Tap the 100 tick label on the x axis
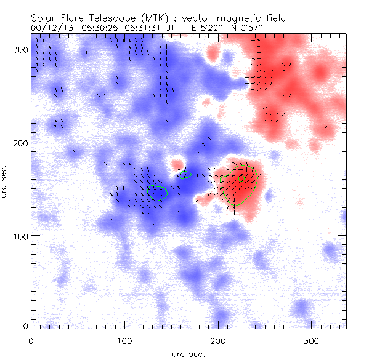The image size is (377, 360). click(124, 340)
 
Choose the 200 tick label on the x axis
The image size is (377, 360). click(218, 340)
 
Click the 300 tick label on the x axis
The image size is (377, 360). click(312, 340)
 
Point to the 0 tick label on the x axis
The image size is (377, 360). click(31, 340)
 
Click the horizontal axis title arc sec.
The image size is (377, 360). click(188, 353)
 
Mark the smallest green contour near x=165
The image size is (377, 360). click(185, 175)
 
